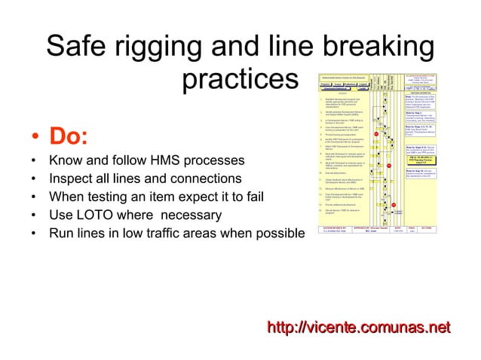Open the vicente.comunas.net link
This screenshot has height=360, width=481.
pyautogui.click(x=359, y=326)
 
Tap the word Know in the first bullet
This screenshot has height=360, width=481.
pyautogui.click(x=65, y=161)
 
